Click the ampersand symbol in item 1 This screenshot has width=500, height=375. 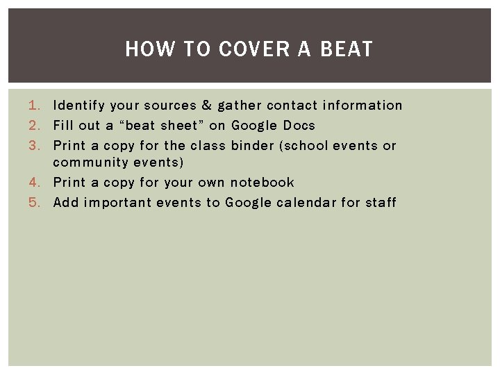point(207,106)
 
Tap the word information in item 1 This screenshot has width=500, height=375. point(363,106)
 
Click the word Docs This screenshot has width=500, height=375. point(299,126)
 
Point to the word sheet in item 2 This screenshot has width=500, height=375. point(178,126)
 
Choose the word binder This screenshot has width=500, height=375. point(253,146)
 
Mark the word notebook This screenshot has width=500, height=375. point(262,183)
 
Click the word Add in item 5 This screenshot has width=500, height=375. point(66,203)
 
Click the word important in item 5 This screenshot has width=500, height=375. point(117,203)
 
